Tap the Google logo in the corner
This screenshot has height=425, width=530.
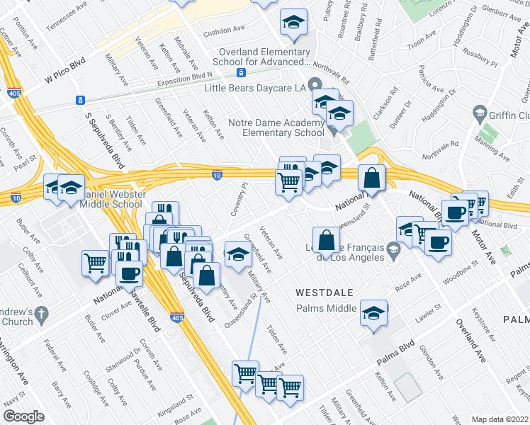[x=23, y=416]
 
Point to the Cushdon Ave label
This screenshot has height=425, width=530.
[x=223, y=32]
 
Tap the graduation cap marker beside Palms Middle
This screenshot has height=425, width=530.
[x=373, y=314]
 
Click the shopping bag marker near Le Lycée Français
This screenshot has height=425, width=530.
[x=326, y=240]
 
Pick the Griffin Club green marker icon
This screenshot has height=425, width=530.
[x=479, y=115]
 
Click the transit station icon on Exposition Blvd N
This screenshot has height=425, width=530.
[x=242, y=73]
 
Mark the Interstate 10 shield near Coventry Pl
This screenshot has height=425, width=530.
[x=217, y=174]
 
